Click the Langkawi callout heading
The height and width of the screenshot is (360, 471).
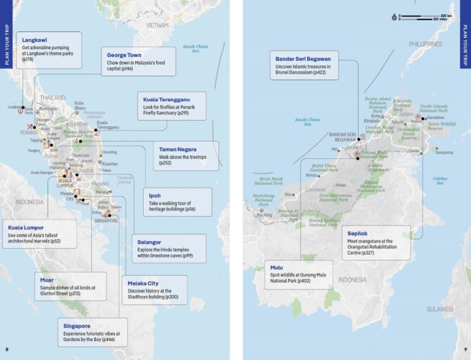coord(36,39)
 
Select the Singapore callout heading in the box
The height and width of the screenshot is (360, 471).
coord(77,326)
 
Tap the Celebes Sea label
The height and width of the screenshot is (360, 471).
coord(440,180)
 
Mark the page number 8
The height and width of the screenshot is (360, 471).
coord(7,349)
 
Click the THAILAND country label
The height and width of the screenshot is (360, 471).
coord(53,97)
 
